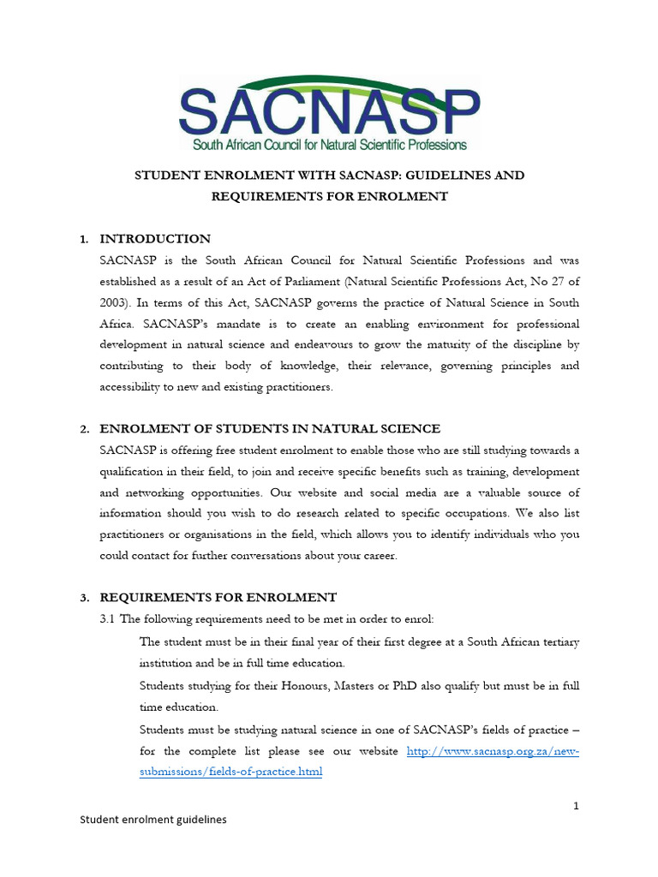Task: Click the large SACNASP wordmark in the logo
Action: coord(329,110)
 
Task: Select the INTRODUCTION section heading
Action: coord(155,239)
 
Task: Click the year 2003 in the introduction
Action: coord(117,302)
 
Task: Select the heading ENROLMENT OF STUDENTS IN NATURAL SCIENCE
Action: coord(270,428)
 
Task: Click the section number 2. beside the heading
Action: coord(84,429)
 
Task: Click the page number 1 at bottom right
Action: coord(577,806)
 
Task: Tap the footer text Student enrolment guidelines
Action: coord(153,820)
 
